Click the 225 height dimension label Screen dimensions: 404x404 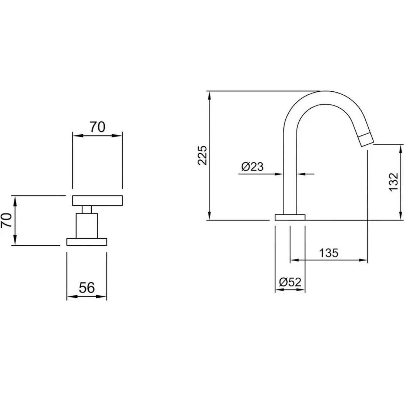tap(203, 155)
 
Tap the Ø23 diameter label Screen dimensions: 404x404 tap(252, 167)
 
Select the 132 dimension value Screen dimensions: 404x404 tap(393, 182)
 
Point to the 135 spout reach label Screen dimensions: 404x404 tap(329, 253)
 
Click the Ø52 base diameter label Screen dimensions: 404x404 tap(290, 282)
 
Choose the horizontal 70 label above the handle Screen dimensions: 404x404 tap(97, 127)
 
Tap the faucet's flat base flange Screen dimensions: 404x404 tap(290, 217)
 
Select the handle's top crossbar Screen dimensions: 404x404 tap(97, 201)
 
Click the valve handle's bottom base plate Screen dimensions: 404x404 tap(87, 242)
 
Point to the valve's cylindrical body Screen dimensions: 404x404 tap(87, 226)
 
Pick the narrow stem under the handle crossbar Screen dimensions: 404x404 tap(87, 210)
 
